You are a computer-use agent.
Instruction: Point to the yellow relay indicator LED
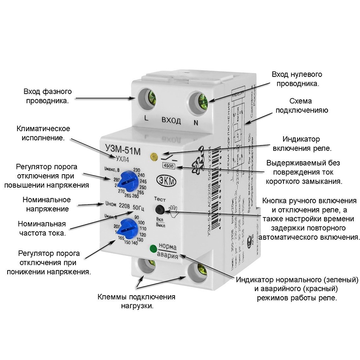coord(153,157)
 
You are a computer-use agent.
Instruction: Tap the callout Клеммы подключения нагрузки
coord(136,301)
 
